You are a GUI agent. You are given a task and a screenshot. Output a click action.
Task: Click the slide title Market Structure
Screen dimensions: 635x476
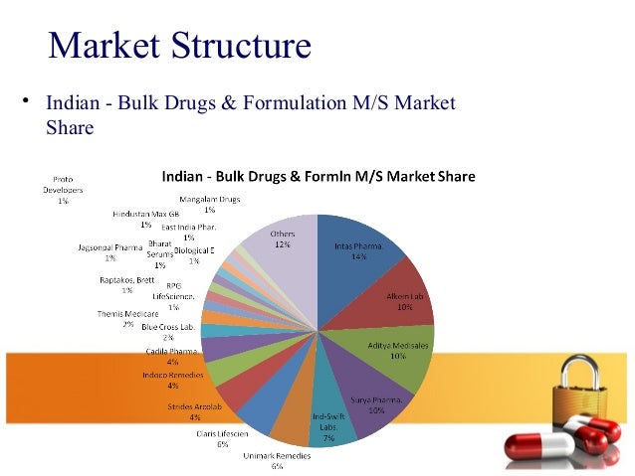pyautogui.click(x=179, y=45)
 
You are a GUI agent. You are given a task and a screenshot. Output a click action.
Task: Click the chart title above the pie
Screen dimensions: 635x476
pyautogui.click(x=318, y=178)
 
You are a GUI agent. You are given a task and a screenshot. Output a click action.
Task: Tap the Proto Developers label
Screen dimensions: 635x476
pyautogui.click(x=62, y=189)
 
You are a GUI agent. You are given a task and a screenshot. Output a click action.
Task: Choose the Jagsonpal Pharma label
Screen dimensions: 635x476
pyautogui.click(x=109, y=251)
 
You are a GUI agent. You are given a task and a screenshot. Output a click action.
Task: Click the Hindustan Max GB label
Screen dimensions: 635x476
pyautogui.click(x=146, y=219)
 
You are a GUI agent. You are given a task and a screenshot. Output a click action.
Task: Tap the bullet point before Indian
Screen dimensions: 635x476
pyautogui.click(x=30, y=101)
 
